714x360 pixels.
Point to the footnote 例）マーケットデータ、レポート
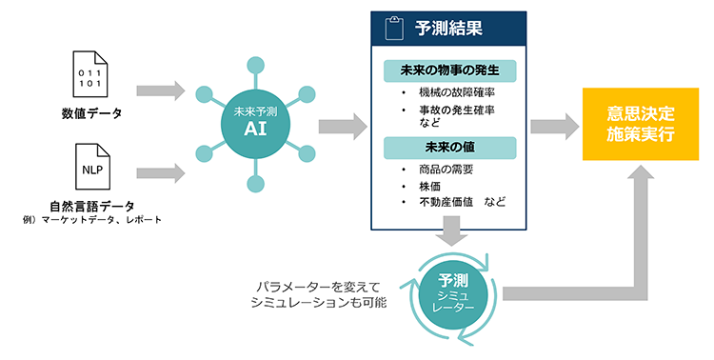pos(91,221)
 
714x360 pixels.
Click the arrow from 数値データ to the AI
pos(160,90)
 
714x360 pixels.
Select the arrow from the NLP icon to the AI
pos(160,172)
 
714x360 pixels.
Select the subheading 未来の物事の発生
pos(449,71)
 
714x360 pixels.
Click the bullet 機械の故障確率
pos(451,92)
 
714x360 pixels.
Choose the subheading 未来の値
pos(449,147)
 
